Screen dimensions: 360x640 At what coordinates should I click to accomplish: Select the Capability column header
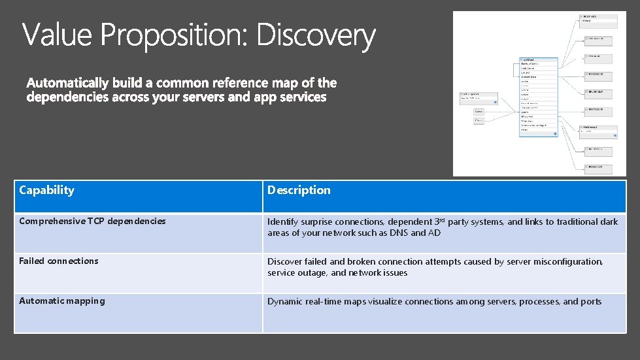(46, 190)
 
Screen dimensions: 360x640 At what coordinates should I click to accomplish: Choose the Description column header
(299, 190)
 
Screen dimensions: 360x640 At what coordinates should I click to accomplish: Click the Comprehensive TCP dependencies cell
(92, 221)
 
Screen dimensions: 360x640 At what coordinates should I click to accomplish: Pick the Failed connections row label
(59, 261)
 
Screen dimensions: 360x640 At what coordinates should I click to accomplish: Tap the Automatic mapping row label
(61, 301)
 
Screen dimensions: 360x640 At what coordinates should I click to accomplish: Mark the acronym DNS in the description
(399, 233)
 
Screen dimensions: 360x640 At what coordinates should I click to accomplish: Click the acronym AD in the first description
(435, 233)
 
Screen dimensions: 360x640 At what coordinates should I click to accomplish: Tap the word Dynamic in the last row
(286, 302)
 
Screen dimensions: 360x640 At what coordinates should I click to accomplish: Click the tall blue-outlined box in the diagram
(538, 97)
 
